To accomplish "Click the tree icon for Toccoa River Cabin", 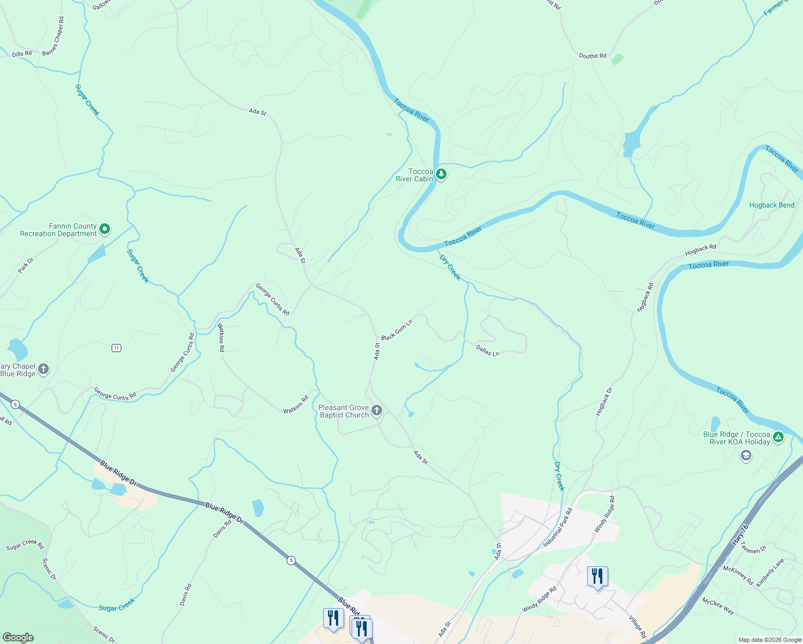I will (441, 174).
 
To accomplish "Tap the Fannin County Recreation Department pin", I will (105, 229).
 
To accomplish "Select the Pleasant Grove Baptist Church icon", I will (377, 411).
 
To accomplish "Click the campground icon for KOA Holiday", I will (778, 437).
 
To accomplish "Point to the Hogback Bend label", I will (772, 205).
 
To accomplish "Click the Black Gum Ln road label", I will (397, 330).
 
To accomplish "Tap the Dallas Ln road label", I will (487, 350).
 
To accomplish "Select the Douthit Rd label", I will (593, 56).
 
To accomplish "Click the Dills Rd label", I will (22, 54).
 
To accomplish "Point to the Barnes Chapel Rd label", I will (53, 36).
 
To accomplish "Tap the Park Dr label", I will (26, 265).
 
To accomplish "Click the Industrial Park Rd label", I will (558, 528).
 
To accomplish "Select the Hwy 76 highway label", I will (740, 535).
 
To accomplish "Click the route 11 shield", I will (116, 348).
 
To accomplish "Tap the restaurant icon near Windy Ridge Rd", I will (597, 576).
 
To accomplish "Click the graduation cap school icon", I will (746, 456).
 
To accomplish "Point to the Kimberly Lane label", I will (770, 572).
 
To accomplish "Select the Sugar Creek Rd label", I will (25, 545).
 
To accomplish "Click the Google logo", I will (18, 638).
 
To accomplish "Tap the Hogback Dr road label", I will (604, 401).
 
